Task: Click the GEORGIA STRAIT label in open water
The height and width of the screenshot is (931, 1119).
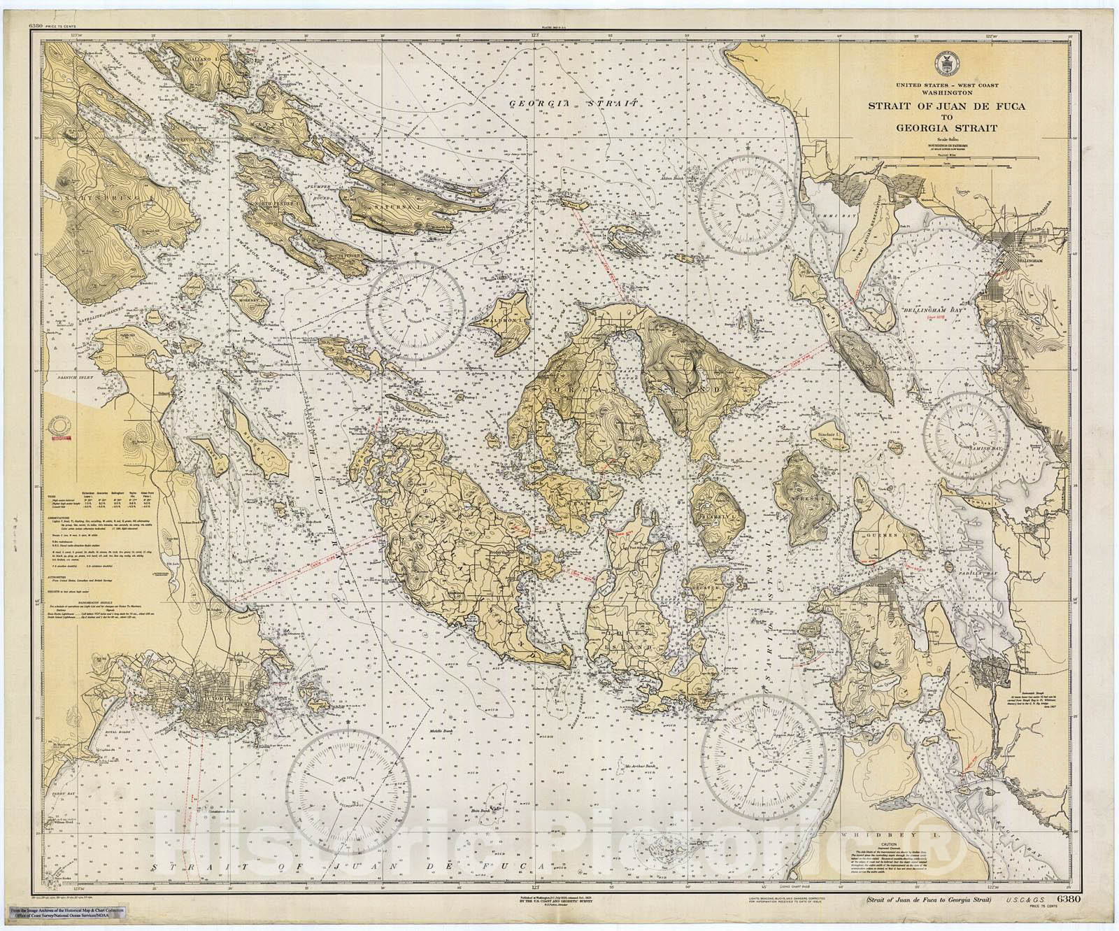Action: [576, 103]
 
